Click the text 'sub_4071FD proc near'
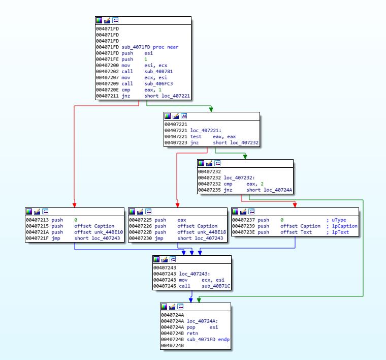click(x=150, y=47)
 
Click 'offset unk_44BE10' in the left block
click(x=98, y=232)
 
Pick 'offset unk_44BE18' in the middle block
click(x=201, y=232)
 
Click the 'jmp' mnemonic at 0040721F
click(x=55, y=238)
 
